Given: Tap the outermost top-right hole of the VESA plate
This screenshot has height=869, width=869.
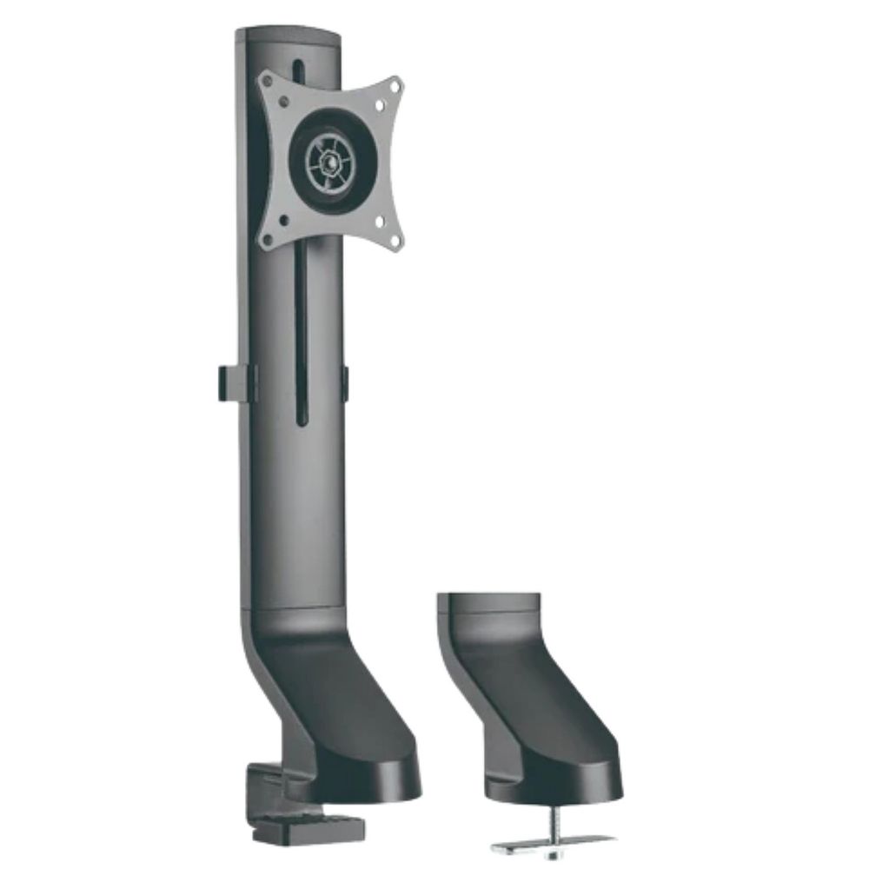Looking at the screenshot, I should point(397,85).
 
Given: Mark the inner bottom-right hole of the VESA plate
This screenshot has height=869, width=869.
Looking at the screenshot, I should point(380,221).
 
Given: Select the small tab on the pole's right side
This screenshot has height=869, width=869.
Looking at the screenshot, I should point(345,384).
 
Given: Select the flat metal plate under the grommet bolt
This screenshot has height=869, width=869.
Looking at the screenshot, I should point(553,843).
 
